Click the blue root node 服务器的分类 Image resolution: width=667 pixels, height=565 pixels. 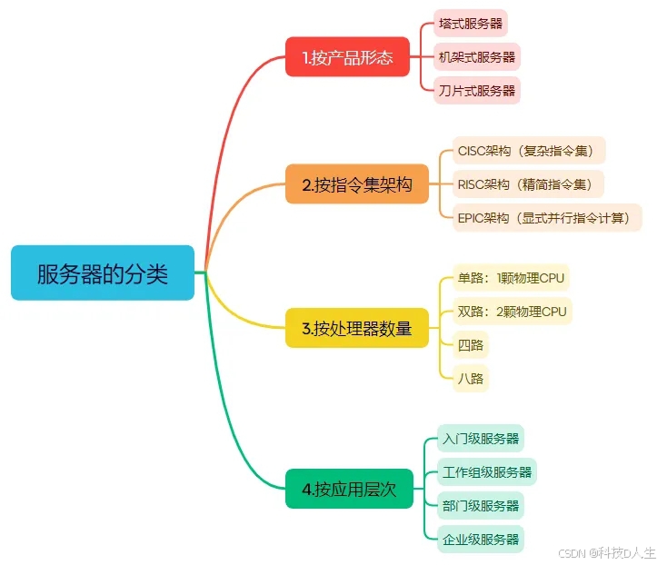[x=103, y=273]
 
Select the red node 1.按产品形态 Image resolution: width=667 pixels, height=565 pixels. [x=348, y=57]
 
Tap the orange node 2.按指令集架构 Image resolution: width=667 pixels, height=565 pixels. [x=357, y=184]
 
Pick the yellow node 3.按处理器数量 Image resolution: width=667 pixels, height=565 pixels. [x=357, y=328]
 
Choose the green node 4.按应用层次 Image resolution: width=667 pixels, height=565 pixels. [x=349, y=489]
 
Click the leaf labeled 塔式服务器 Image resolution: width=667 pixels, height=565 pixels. [x=470, y=24]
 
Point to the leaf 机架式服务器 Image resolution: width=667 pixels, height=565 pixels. [x=476, y=57]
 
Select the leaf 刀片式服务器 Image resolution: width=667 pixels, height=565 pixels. [x=476, y=90]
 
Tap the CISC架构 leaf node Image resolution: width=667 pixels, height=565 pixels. [x=528, y=151]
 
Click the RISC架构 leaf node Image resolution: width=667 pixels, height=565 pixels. [x=527, y=184]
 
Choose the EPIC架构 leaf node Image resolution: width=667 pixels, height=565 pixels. [x=547, y=218]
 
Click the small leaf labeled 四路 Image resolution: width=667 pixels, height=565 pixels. [x=471, y=344]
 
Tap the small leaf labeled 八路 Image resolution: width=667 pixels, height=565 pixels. [x=471, y=377]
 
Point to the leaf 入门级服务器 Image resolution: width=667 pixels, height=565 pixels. [x=480, y=439]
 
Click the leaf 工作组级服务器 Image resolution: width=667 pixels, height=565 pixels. [x=486, y=472]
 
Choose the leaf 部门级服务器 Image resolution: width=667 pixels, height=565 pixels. [x=480, y=505]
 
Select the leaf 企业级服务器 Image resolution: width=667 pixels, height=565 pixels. [x=480, y=538]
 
